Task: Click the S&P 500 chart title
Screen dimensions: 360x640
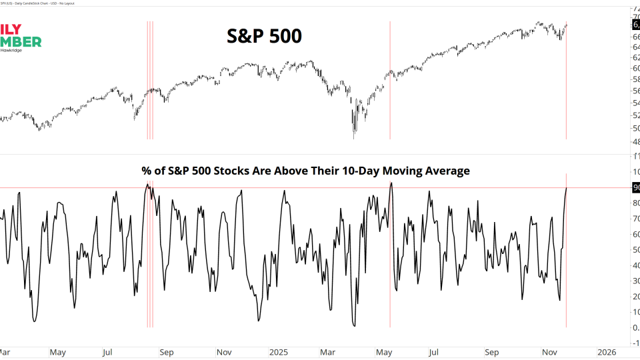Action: pos(265,36)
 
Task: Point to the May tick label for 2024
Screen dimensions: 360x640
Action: pos(57,351)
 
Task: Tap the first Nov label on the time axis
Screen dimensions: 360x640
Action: pos(224,351)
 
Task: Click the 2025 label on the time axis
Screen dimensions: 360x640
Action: pos(277,351)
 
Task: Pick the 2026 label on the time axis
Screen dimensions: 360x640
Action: pos(605,351)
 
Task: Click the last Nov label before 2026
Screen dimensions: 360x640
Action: pos(549,351)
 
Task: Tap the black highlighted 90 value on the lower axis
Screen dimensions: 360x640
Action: pos(635,188)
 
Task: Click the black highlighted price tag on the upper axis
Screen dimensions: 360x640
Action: pos(635,25)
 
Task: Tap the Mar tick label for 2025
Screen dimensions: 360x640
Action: pos(328,351)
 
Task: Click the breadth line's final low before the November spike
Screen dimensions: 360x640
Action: pos(559,300)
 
